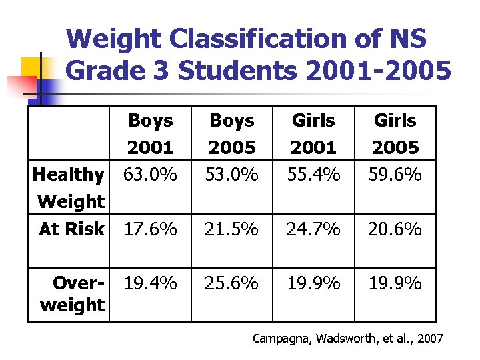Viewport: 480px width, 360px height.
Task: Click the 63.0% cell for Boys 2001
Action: click(151, 175)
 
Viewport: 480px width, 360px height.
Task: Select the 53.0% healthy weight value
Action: click(232, 175)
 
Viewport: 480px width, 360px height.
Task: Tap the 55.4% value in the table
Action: click(313, 175)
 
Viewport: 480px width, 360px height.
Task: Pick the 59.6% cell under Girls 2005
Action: click(395, 175)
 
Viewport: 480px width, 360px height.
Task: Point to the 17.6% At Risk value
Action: click(151, 229)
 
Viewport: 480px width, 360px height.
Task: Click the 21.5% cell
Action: click(232, 229)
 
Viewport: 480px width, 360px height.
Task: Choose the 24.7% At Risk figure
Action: click(313, 229)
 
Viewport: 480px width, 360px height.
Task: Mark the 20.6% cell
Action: click(395, 229)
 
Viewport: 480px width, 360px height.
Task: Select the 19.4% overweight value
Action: click(151, 283)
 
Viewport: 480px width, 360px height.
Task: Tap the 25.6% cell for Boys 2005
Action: click(232, 283)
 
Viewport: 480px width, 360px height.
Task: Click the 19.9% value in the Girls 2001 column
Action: click(313, 283)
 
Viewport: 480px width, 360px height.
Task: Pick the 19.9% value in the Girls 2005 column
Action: click(395, 283)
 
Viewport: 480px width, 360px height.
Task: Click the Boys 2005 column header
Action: click(232, 133)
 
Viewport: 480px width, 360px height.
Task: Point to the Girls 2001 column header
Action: click(313, 133)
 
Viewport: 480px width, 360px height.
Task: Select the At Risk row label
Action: click(71, 229)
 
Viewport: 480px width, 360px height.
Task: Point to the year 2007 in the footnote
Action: click(429, 339)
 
